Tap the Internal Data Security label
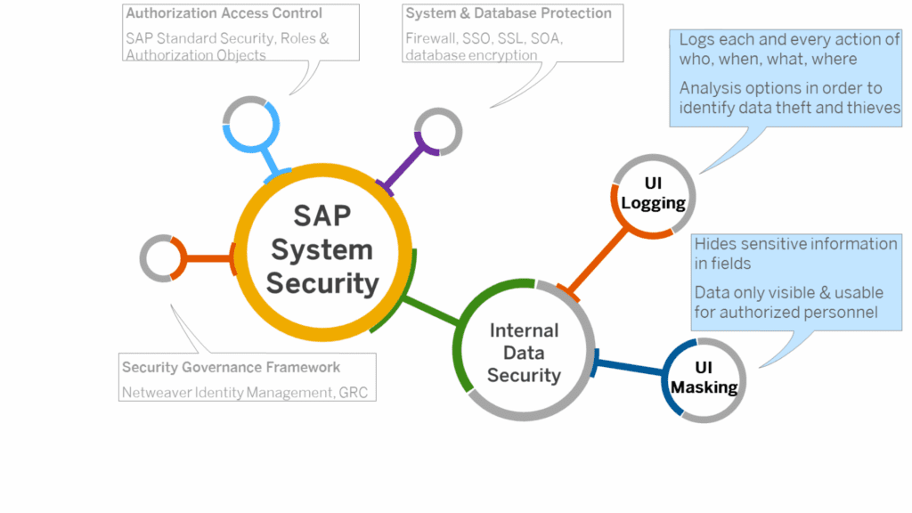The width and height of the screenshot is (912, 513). tap(524, 353)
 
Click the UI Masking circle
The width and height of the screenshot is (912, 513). tap(704, 378)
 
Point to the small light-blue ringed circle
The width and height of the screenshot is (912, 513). tap(250, 124)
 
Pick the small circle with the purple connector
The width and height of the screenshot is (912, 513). tap(437, 131)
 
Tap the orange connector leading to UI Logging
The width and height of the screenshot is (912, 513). tap(598, 261)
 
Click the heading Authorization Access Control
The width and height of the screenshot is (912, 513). tap(224, 14)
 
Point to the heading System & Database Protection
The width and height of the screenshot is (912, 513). tap(509, 14)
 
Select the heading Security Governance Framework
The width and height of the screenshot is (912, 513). tap(231, 367)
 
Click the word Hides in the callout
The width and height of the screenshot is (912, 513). tap(714, 244)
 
